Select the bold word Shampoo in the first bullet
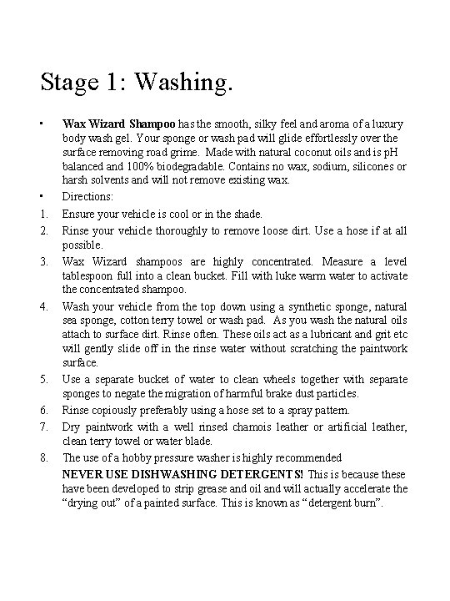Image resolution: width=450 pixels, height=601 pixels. [152, 124]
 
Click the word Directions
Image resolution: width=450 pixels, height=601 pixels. [87, 196]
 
